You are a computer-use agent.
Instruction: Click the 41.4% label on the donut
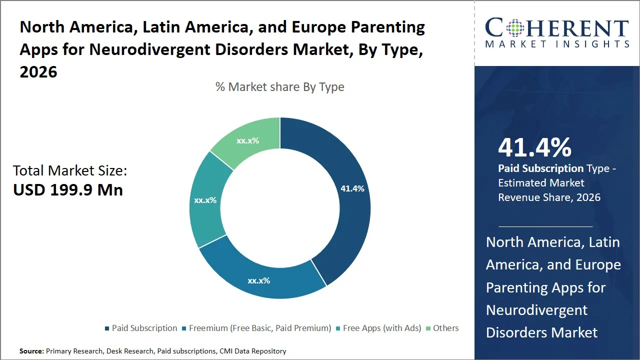352,188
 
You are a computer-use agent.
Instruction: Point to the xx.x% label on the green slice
247,140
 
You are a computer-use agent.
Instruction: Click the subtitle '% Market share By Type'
279,87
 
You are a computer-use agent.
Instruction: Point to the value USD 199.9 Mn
68,190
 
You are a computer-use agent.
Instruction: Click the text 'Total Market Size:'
70,170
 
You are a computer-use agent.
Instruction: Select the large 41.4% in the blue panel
534,148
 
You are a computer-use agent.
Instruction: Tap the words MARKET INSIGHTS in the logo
557,44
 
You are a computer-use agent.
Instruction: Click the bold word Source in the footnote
31,351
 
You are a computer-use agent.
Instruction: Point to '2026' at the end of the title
38,72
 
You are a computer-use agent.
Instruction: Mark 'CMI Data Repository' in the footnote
252,351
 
